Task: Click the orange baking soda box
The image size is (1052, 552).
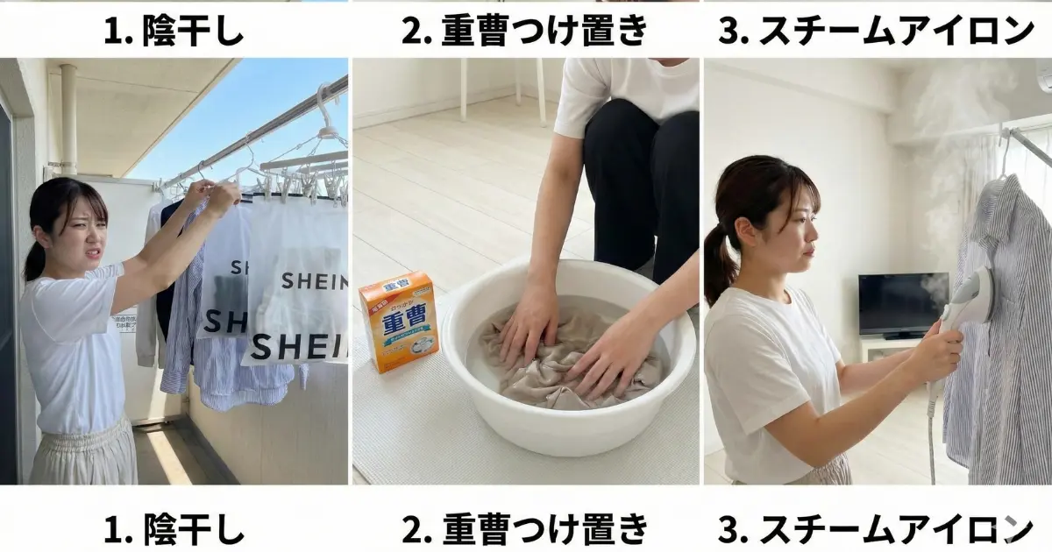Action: tap(399, 322)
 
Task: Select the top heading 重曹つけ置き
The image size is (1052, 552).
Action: tap(525, 32)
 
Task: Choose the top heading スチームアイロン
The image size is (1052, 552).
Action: tap(876, 32)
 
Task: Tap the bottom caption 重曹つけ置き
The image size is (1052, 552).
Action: tap(525, 528)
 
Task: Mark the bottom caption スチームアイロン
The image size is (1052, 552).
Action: tap(876, 528)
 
